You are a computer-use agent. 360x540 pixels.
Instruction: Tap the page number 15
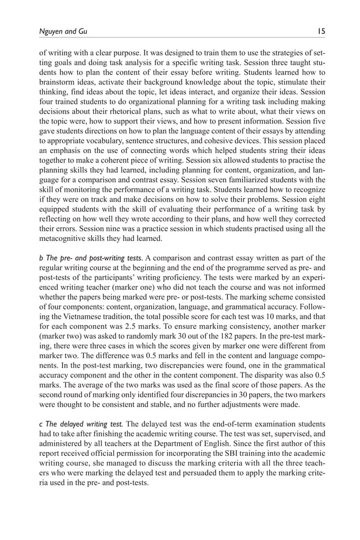tap(321, 32)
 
